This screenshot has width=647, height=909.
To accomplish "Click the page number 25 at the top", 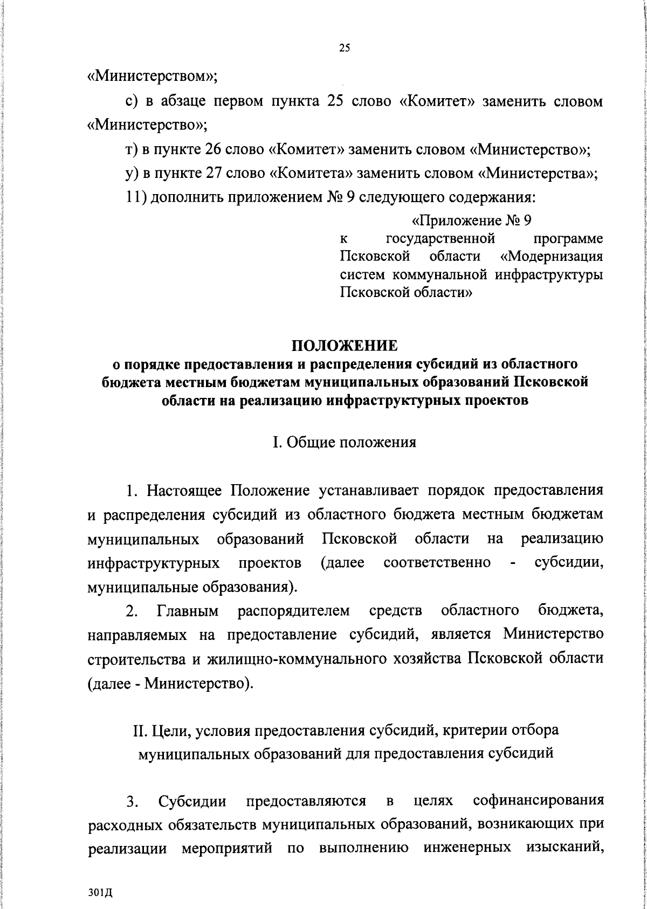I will [345, 49].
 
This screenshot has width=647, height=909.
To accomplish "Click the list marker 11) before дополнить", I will [134, 198].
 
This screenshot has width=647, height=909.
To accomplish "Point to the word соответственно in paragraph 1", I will [437, 563].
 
